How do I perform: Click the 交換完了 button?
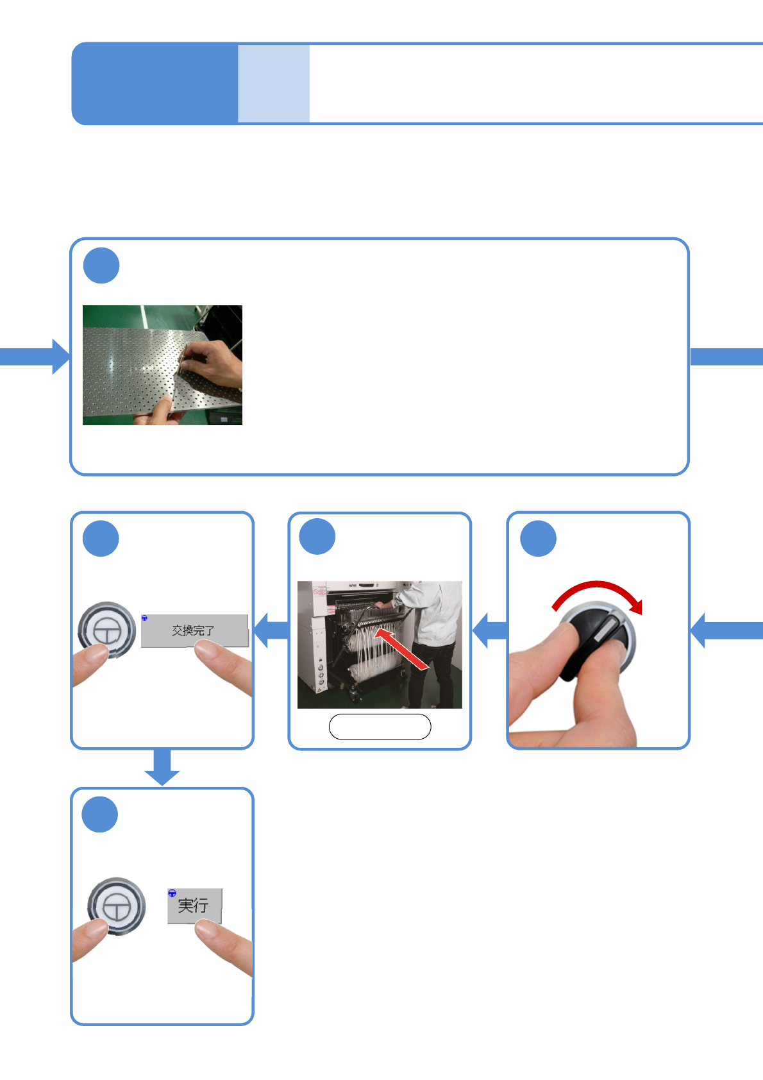click(x=194, y=630)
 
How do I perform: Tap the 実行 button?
click(x=194, y=906)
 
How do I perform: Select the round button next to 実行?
click(x=117, y=906)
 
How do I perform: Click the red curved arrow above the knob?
click(x=597, y=593)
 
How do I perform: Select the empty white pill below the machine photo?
click(x=380, y=727)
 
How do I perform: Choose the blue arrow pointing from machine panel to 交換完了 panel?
click(x=271, y=630)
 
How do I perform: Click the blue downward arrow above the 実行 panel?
click(x=162, y=767)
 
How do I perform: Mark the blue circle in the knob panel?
click(x=538, y=538)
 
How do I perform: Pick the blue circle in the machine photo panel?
click(x=317, y=537)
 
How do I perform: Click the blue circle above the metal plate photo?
click(x=101, y=266)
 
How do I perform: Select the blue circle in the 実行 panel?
click(x=100, y=814)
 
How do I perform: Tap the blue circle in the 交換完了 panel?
click(x=101, y=539)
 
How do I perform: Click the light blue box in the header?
click(x=274, y=83)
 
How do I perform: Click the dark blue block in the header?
click(x=155, y=83)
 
